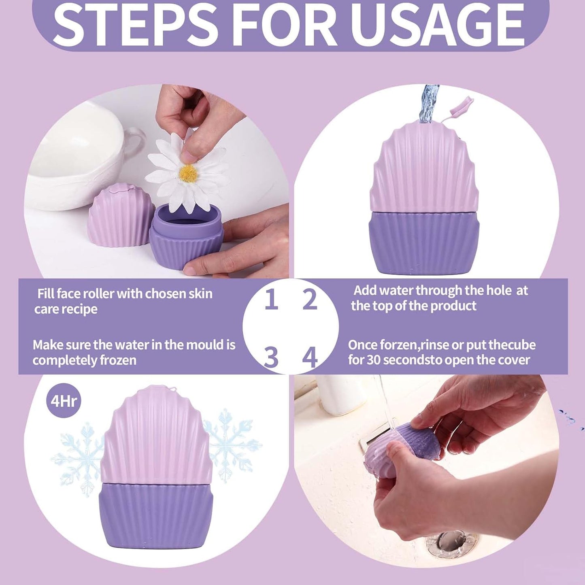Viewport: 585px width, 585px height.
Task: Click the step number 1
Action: point(271,300)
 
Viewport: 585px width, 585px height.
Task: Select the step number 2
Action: point(310,300)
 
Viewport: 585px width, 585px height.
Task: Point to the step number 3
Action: point(271,357)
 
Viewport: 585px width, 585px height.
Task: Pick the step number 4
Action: point(310,357)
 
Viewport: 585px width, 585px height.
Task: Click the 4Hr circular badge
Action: point(64,401)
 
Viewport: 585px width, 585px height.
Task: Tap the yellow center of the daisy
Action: point(188,173)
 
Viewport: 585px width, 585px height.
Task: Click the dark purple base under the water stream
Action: point(423,243)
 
